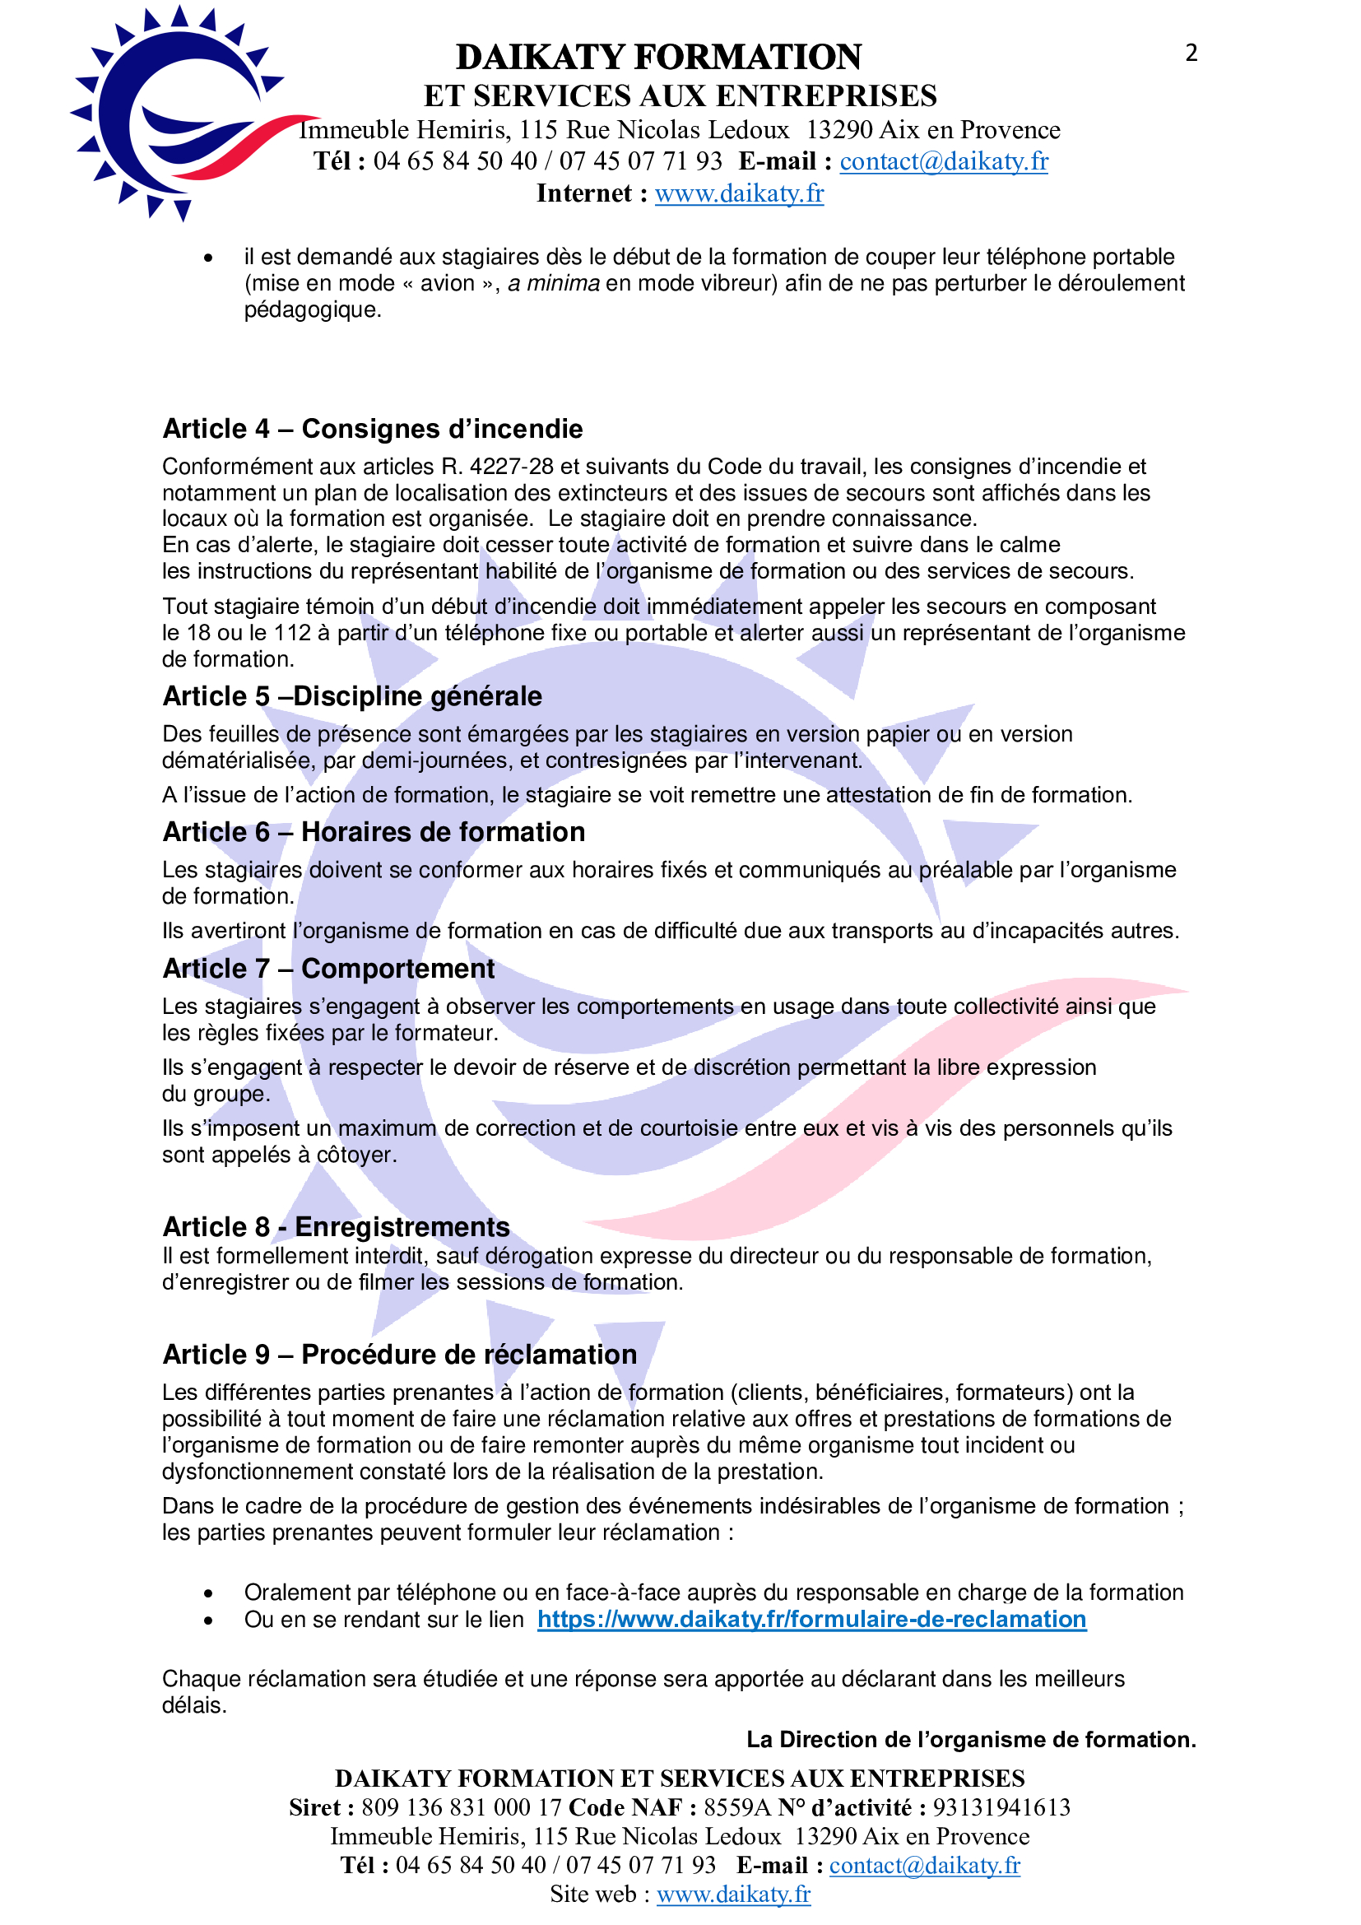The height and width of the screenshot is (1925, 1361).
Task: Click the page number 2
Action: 1191,53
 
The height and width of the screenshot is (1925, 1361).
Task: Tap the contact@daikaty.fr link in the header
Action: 944,161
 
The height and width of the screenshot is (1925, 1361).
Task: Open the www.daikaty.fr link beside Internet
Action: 739,193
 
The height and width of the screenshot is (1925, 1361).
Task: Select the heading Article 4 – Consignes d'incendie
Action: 372,429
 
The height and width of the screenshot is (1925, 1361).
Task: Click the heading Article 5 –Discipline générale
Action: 352,696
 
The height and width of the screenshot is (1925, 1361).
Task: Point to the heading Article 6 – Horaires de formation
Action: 374,832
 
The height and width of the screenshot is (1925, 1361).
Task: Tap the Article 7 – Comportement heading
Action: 328,969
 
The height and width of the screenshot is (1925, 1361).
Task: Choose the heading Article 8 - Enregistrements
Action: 336,1226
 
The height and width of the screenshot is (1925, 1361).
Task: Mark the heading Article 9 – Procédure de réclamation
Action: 400,1354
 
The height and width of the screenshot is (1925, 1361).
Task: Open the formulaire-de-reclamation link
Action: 811,1619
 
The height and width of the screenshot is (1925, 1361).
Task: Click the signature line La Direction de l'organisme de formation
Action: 970,1740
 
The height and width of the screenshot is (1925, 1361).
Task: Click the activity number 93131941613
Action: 1001,1806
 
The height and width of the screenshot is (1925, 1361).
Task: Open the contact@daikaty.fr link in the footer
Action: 924,1865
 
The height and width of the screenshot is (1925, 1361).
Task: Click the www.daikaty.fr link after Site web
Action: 733,1894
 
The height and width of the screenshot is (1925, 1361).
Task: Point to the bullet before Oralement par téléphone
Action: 208,1593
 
